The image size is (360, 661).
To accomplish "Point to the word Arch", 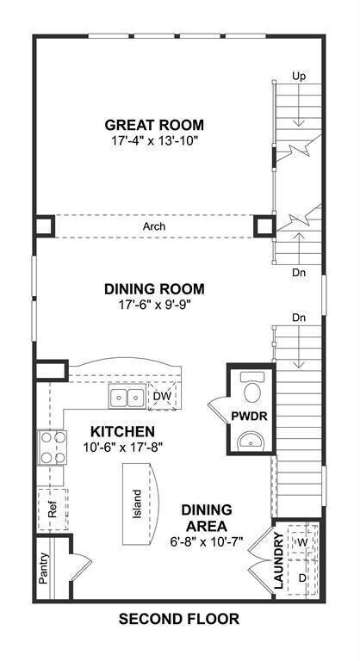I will point(154,227).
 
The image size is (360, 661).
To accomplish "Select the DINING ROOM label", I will point(154,289).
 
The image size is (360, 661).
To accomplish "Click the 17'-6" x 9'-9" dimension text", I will point(154,305).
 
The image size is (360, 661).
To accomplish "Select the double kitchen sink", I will point(127,397).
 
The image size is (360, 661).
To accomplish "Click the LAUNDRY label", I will point(278,561).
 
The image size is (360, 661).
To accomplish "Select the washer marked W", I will point(301,542).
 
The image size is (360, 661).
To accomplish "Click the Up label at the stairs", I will point(299,77).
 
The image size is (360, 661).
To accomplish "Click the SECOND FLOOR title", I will point(178,618).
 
